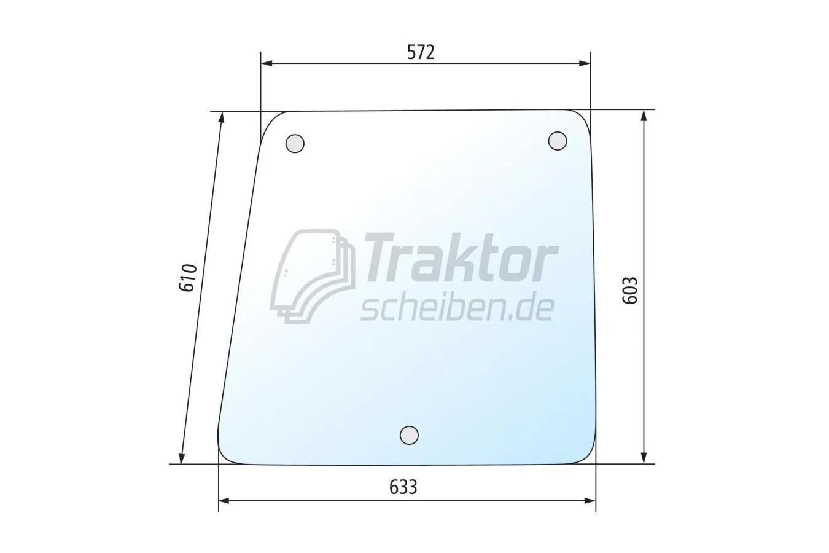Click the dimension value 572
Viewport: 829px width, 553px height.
(421, 52)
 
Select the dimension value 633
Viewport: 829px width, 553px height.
(403, 487)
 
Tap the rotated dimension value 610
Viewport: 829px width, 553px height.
(188, 278)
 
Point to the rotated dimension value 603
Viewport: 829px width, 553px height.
(630, 290)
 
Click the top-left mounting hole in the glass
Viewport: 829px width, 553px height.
(295, 143)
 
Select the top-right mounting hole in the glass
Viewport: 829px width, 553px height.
(558, 141)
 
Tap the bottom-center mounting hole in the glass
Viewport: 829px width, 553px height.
(410, 435)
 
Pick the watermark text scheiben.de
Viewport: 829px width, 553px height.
(457, 308)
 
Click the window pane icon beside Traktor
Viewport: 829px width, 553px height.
(313, 276)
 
